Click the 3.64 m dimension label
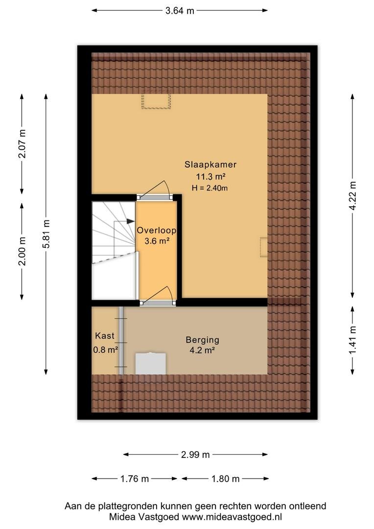click(x=180, y=11)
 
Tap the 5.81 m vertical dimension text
click(x=46, y=234)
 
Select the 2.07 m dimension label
click(x=22, y=144)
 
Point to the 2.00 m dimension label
click(x=22, y=251)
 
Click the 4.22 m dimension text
click(x=352, y=195)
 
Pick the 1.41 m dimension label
click(x=352, y=340)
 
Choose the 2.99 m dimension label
click(x=195, y=455)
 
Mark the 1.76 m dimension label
click(x=135, y=479)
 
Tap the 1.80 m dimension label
click(x=225, y=479)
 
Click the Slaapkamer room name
click(x=210, y=165)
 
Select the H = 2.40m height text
click(x=210, y=188)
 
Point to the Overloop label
click(x=157, y=230)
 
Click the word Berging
click(x=202, y=340)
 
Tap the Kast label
click(x=105, y=336)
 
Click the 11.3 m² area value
click(x=210, y=176)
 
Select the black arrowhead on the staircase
click(x=130, y=221)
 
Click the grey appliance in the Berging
click(x=150, y=363)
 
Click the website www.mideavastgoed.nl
click(x=232, y=517)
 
